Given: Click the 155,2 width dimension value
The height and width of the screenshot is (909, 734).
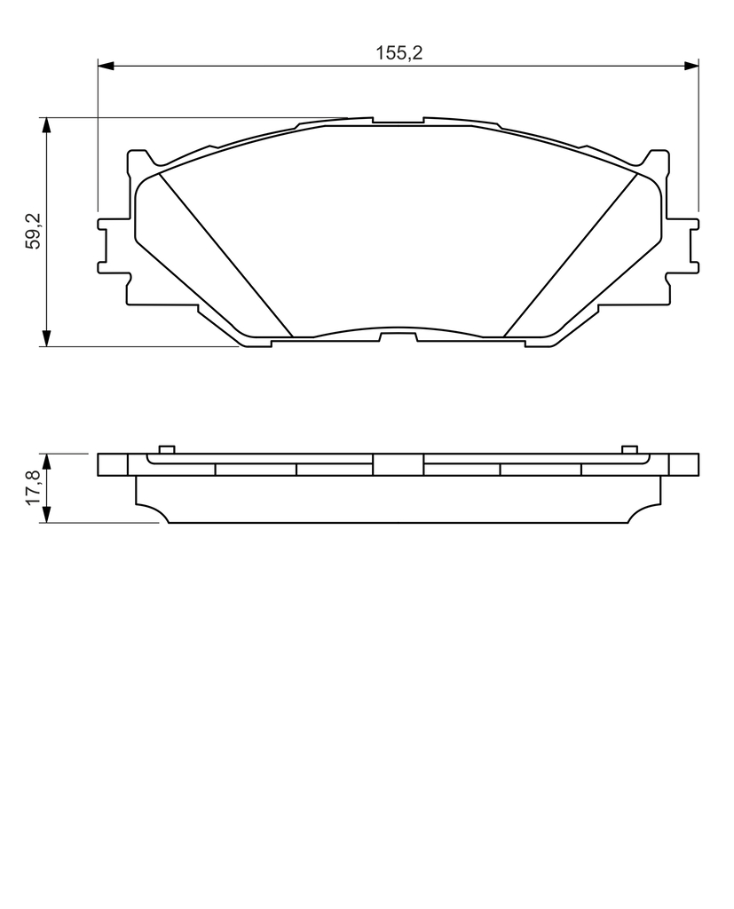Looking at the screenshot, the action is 399,52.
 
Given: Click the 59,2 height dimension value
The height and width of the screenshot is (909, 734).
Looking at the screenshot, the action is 34,231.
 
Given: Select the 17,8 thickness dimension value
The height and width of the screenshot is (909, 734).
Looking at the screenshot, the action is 34,487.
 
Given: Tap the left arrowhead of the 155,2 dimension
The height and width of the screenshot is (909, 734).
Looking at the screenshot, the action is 105,66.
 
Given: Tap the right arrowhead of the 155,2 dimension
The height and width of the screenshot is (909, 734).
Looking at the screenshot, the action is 691,66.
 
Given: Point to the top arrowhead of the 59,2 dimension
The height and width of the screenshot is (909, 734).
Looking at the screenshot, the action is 46,125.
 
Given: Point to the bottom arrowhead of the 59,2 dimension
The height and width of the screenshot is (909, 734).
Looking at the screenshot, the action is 46,339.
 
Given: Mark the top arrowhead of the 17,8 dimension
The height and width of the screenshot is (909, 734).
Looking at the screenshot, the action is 46,462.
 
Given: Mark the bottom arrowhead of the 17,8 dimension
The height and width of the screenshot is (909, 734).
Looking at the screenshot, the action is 46,516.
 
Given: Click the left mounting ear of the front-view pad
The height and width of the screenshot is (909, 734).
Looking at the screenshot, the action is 113,245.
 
